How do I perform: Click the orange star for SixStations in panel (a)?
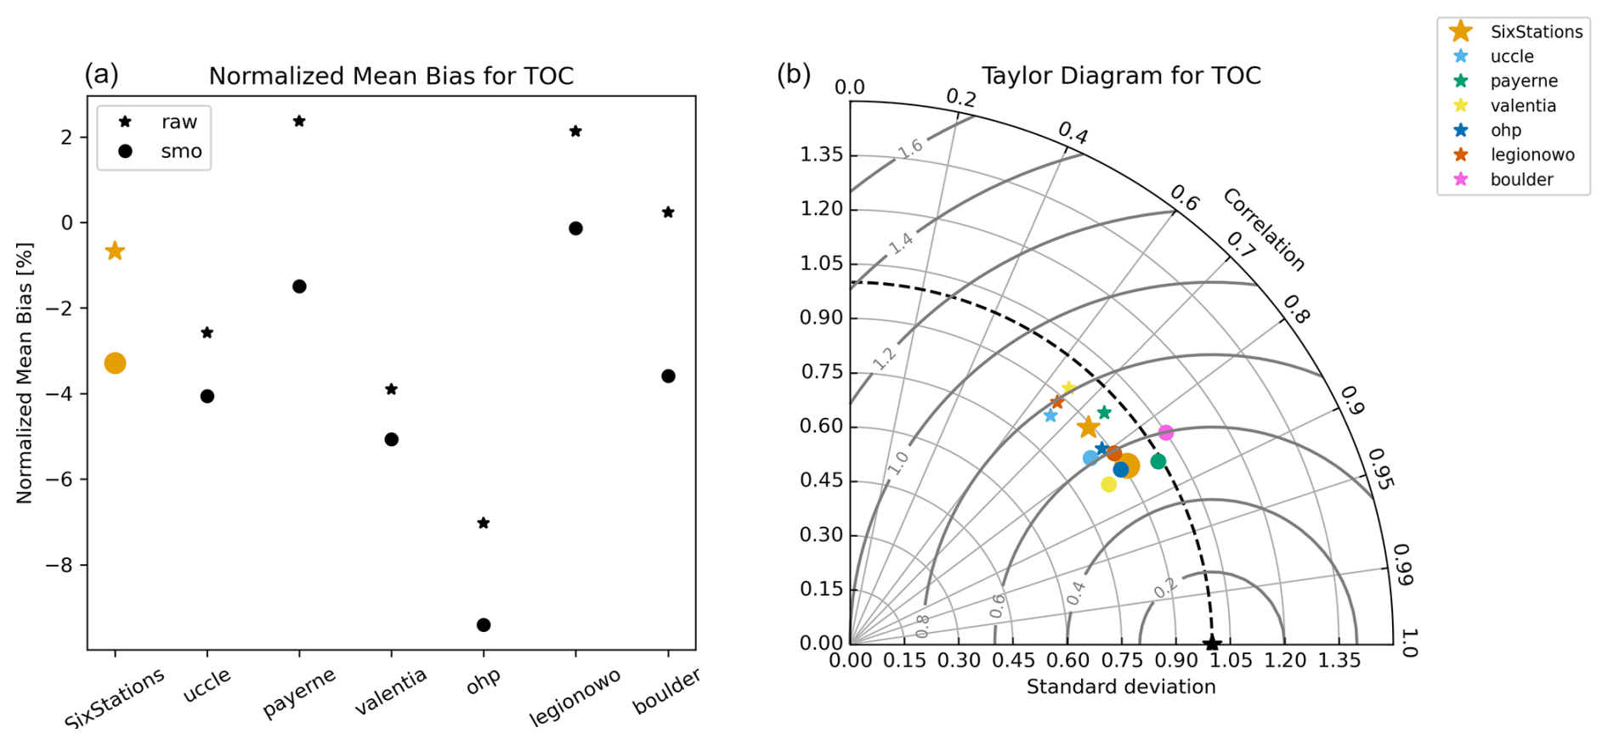coord(115,251)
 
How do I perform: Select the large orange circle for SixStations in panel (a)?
coord(115,364)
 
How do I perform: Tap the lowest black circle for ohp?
coord(484,625)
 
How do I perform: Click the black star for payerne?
coord(299,121)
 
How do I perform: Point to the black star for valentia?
coord(391,389)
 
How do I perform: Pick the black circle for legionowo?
coord(575,229)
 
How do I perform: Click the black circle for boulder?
coord(668,376)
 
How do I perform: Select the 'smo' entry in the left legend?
coord(180,151)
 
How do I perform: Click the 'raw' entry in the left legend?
coord(178,122)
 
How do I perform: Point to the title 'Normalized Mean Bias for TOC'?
coord(391,76)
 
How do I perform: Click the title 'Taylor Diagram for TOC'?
coord(1121,76)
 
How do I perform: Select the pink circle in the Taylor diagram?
coord(1166,433)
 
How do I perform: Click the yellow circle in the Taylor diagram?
coord(1108,484)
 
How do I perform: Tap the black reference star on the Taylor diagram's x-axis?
coord(1212,644)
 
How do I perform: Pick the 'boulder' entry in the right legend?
coord(1520,179)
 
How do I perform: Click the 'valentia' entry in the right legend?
coord(1522,105)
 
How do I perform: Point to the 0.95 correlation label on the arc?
coord(1381,470)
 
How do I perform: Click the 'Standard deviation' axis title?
coord(1121,686)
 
